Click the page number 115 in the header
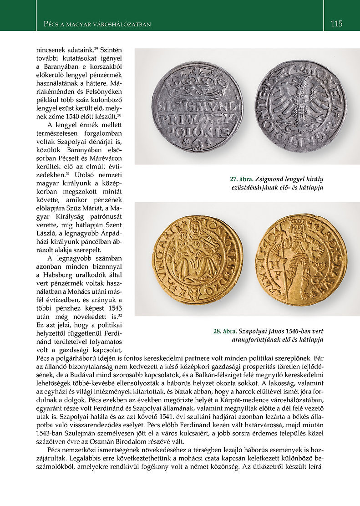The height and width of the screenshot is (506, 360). tap(336, 23)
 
